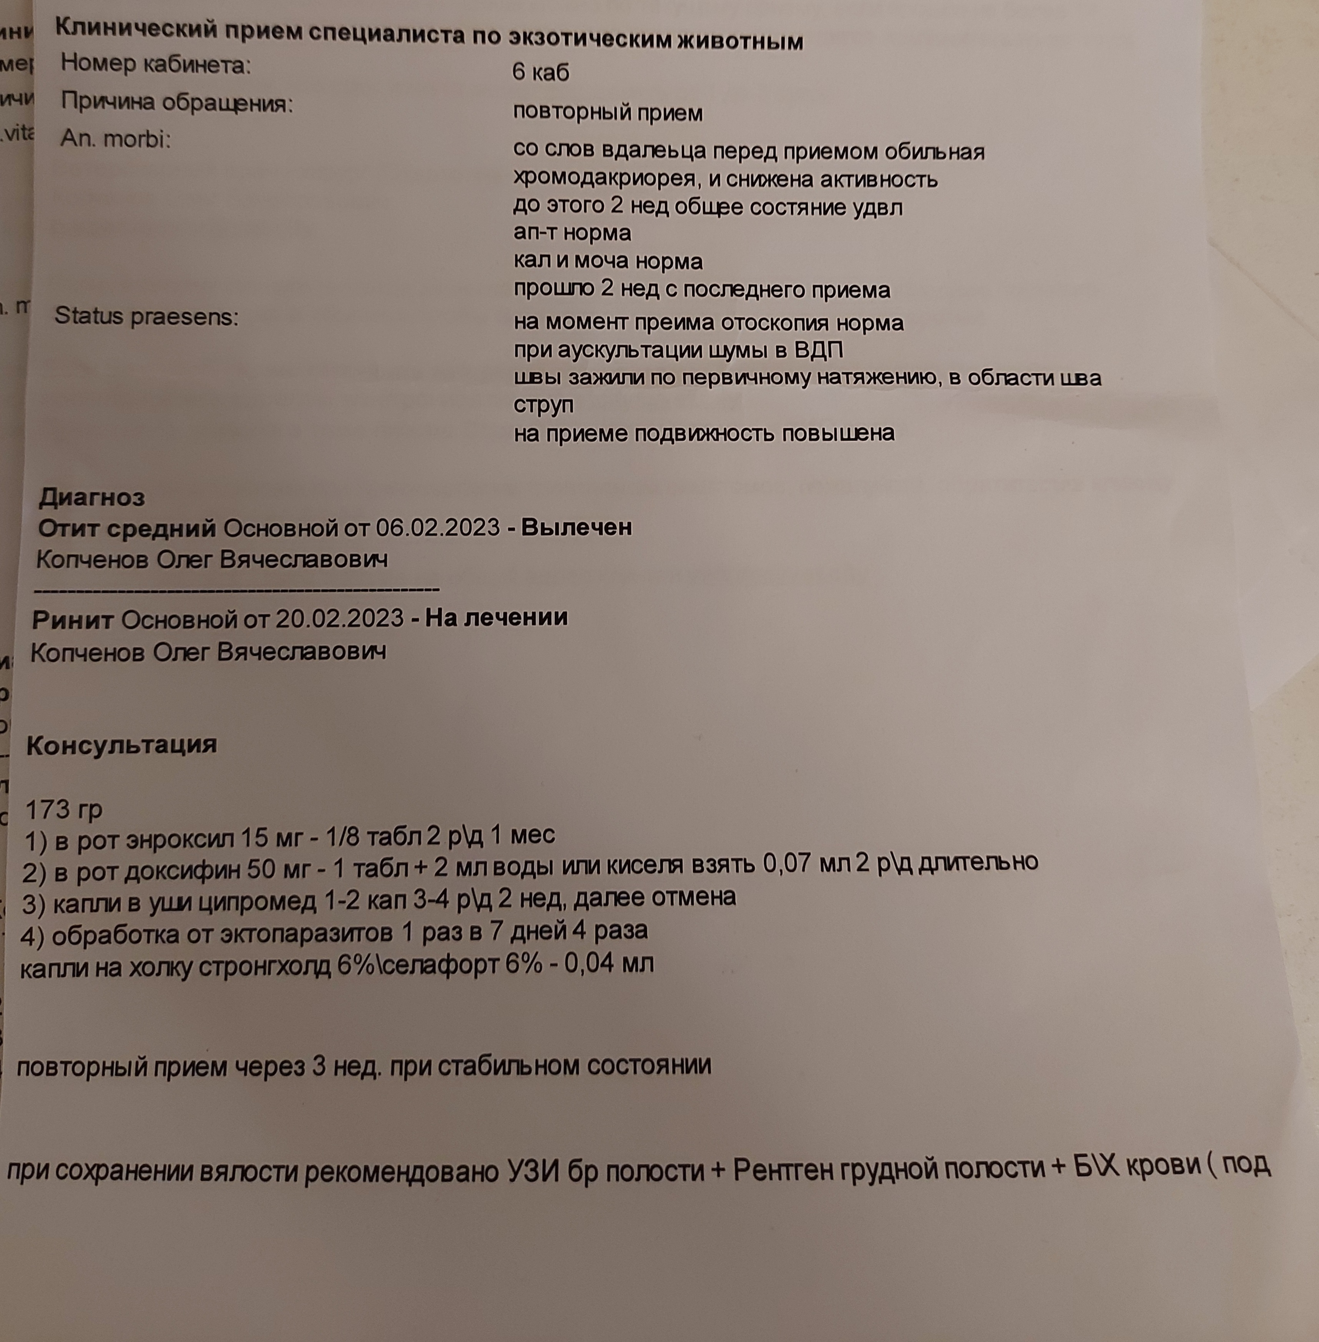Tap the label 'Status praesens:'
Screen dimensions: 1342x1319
(x=146, y=317)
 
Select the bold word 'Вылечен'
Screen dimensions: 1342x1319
(x=576, y=527)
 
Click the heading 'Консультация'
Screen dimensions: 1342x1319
(x=121, y=745)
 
